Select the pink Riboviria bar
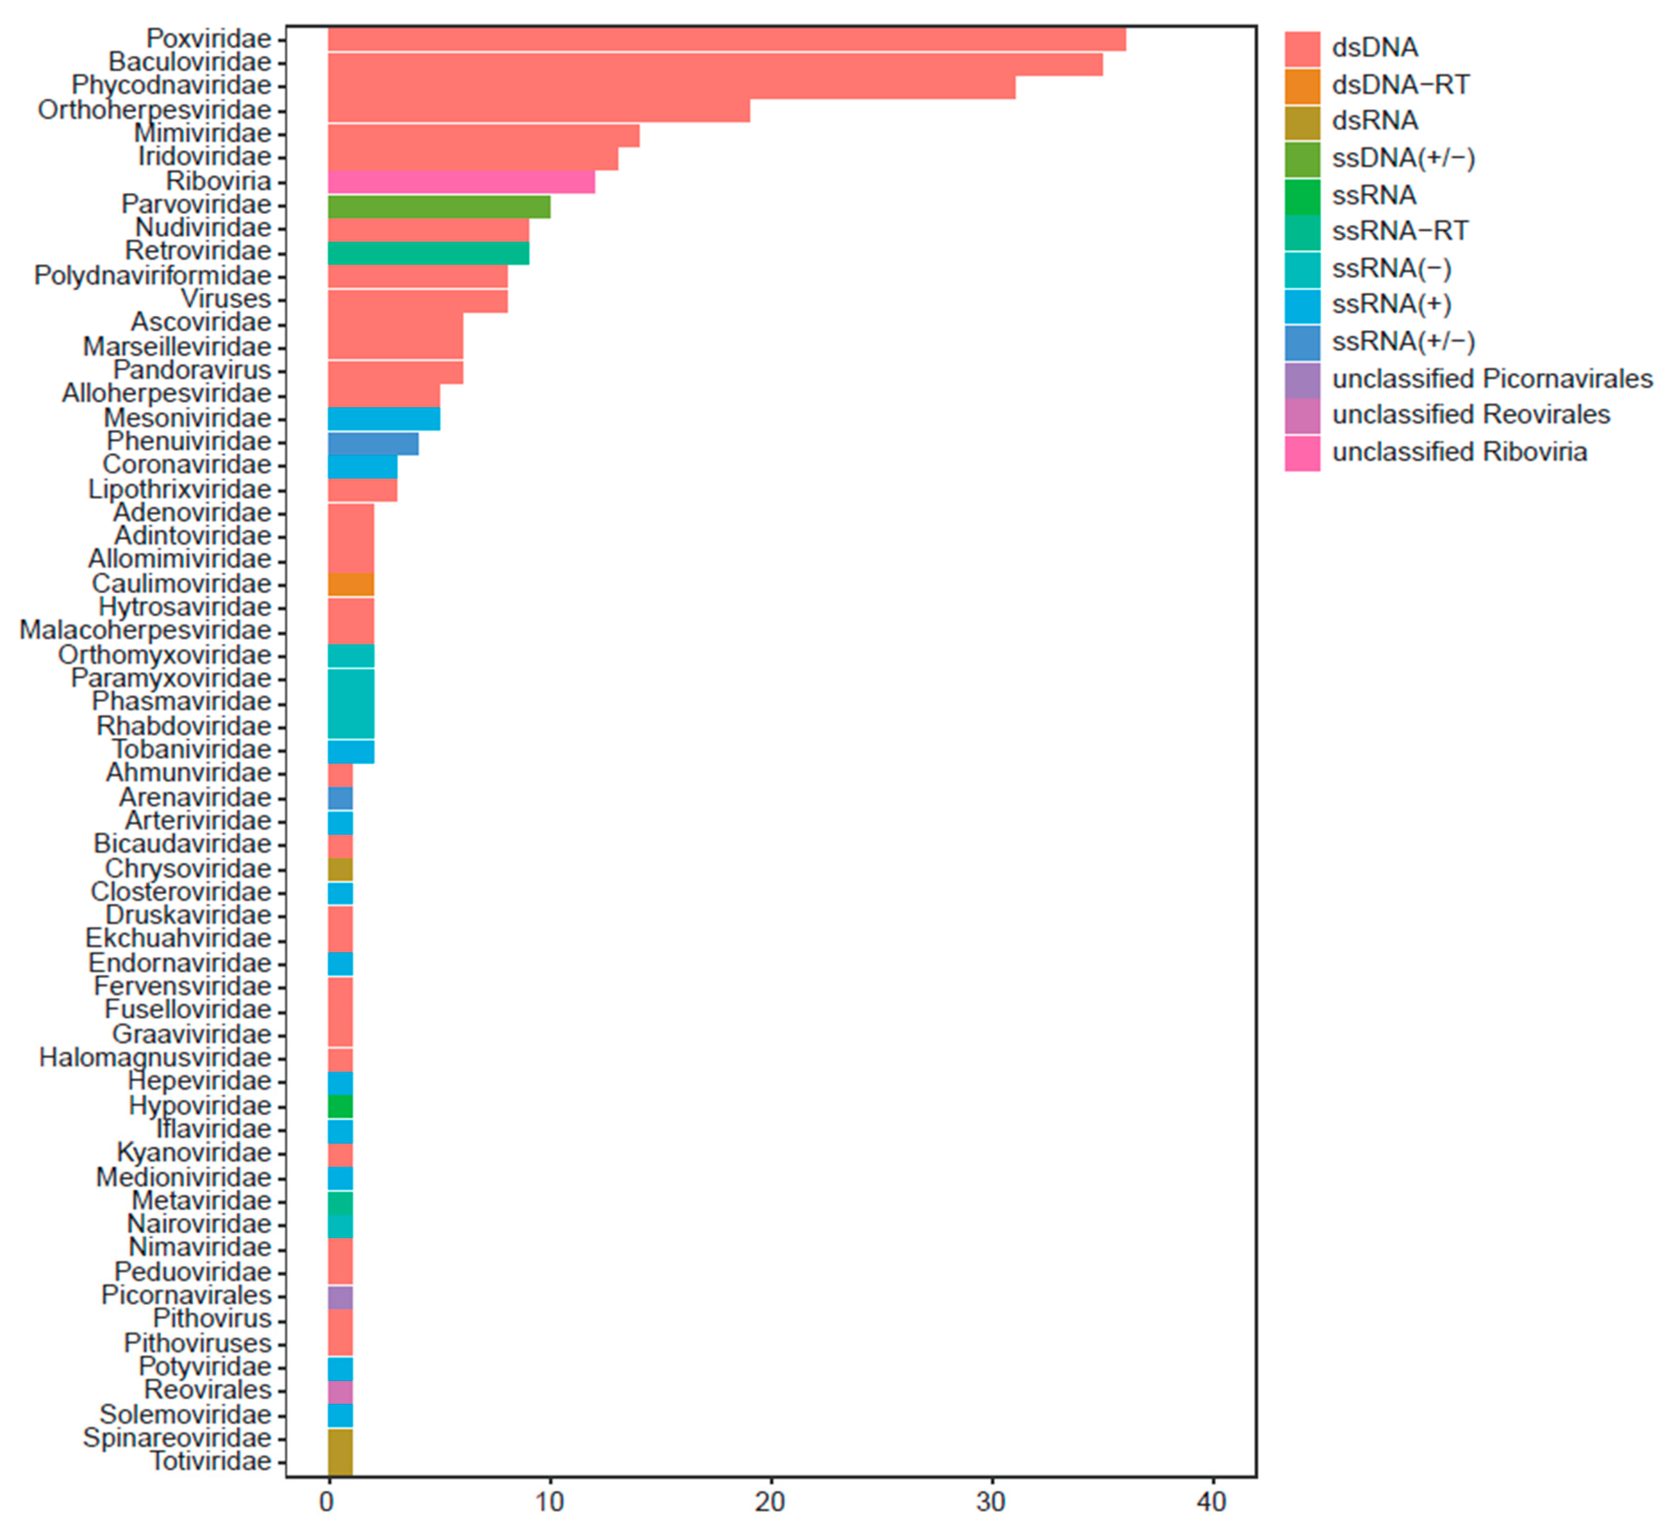pyautogui.click(x=461, y=181)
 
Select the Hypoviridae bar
pyautogui.click(x=340, y=1105)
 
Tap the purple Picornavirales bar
pyautogui.click(x=340, y=1295)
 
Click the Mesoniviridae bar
pyautogui.click(x=384, y=418)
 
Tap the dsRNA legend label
pyautogui.click(x=1374, y=121)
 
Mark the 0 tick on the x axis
pyautogui.click(x=328, y=1501)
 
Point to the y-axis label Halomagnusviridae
pyautogui.click(x=155, y=1058)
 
